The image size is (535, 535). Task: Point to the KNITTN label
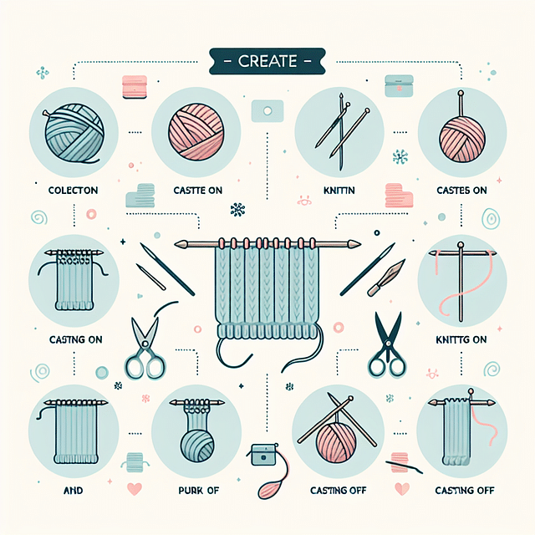pyautogui.click(x=339, y=191)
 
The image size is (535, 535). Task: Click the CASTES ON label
pyautogui.click(x=463, y=191)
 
